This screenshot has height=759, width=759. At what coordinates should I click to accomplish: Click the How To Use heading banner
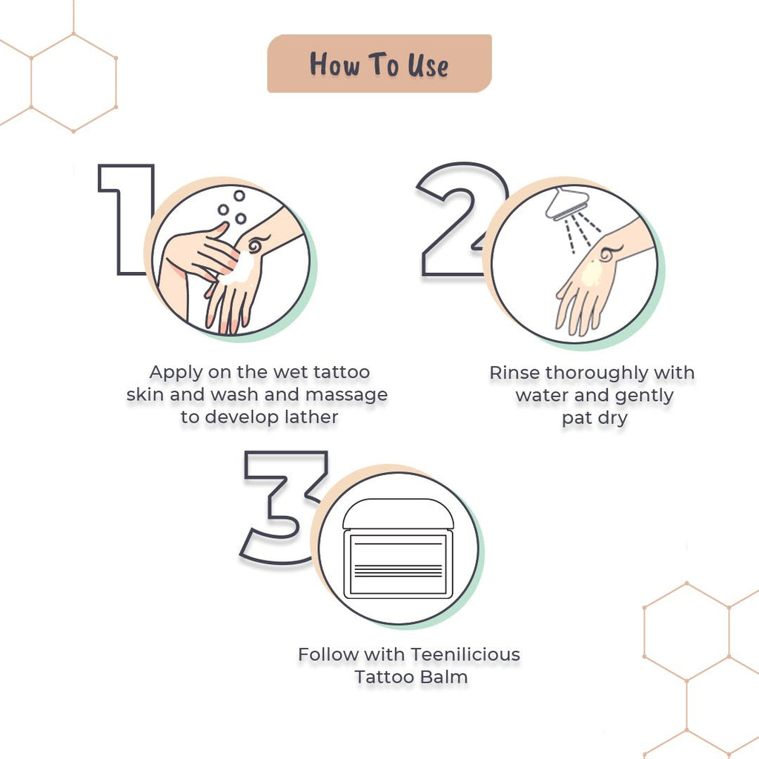(x=379, y=64)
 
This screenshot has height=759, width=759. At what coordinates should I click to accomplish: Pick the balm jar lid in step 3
(x=399, y=514)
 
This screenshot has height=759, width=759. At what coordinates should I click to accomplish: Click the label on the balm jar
(x=398, y=563)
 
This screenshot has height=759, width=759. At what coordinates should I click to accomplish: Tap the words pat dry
(x=594, y=418)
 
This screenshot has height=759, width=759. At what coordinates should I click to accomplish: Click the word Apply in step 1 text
(x=176, y=372)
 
